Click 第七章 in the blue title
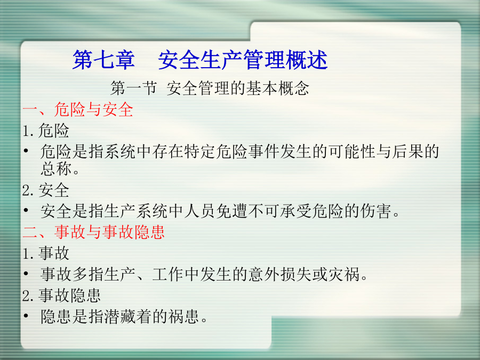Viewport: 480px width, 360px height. click(103, 60)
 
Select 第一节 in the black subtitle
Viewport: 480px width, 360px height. click(134, 88)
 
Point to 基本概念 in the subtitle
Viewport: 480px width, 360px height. click(278, 88)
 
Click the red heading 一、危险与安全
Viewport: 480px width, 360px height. click(78, 109)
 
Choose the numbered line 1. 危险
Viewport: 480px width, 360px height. click(46, 131)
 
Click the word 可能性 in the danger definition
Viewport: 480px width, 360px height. click(352, 151)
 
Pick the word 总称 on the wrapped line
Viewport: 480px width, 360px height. click(56, 169)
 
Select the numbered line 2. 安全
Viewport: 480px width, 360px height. click(46, 190)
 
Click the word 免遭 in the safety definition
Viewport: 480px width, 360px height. click(232, 211)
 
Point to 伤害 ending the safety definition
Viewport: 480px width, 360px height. click(375, 211)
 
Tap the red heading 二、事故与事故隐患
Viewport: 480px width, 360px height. click(93, 232)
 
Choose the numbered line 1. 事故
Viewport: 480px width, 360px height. click(46, 253)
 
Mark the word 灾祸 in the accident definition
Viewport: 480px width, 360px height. click(344, 274)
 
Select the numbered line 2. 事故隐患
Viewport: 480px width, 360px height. click(61, 295)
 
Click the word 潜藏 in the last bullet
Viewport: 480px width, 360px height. click(120, 316)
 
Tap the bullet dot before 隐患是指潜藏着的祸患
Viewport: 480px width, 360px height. click(26, 316)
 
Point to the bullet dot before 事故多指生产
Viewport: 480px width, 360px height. click(26, 274)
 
